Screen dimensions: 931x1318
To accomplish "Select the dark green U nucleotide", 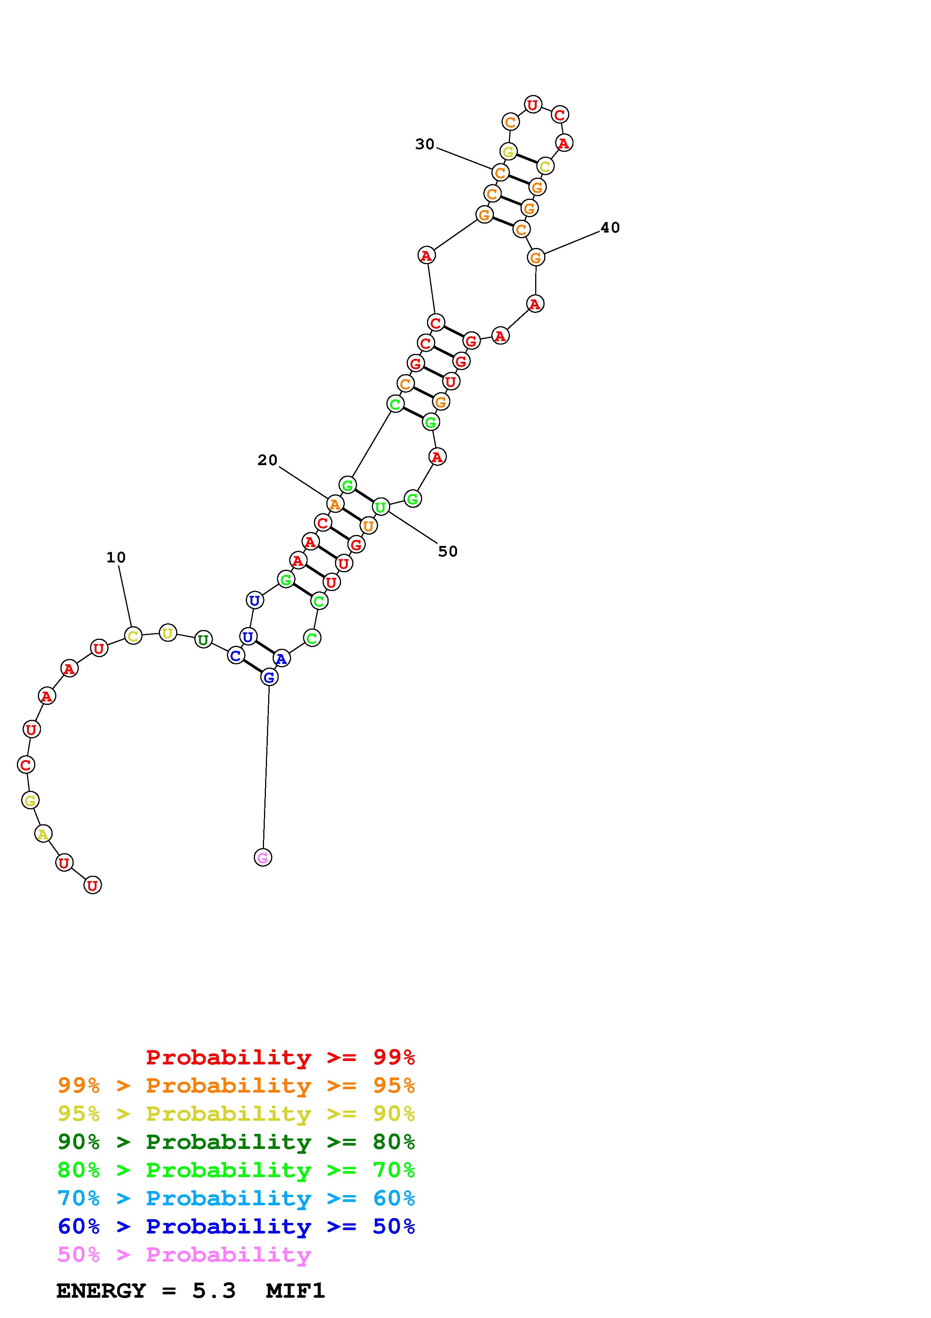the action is tap(203, 639).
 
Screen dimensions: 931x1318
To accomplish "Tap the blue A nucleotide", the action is tap(281, 658).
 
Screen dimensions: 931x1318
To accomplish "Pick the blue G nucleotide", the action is tap(269, 677).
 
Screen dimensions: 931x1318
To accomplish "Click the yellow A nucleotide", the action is tap(43, 833).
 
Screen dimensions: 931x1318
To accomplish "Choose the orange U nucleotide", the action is tap(368, 525).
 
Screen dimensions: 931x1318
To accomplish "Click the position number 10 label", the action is tap(116, 558).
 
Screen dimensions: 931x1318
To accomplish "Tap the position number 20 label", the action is tap(267, 460).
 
